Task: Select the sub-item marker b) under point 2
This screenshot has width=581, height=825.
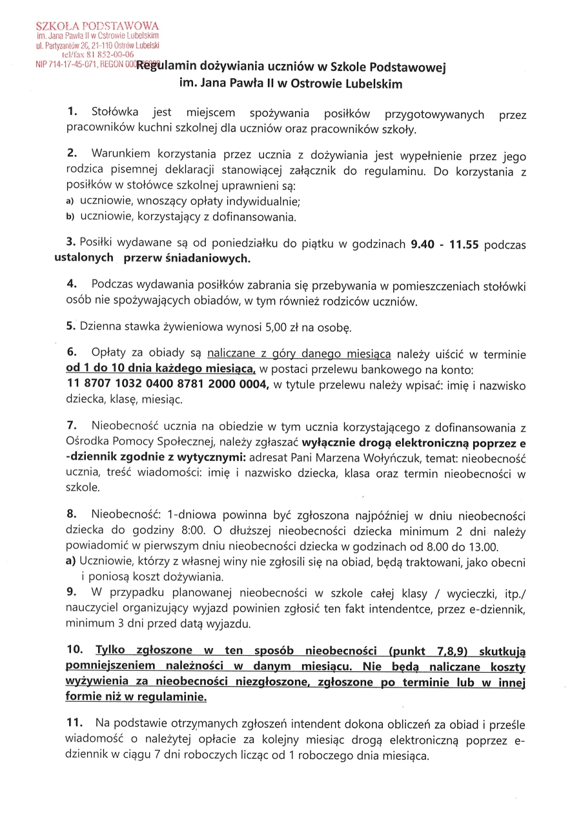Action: (x=71, y=217)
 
